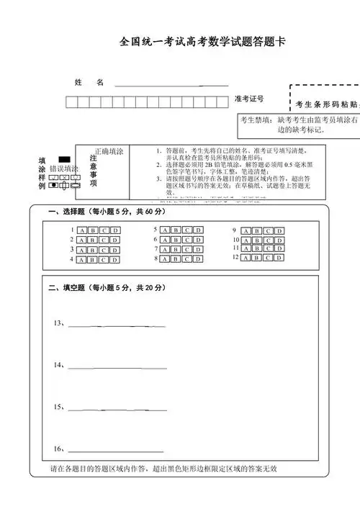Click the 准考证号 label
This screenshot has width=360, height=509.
pos(249,99)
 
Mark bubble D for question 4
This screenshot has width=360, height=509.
pos(115,260)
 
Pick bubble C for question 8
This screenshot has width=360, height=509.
pos(187,258)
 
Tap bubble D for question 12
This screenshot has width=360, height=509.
pos(279,256)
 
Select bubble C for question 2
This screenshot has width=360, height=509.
pos(104,240)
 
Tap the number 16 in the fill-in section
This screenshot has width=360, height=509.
pos(58,449)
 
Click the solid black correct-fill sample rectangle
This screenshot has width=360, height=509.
pos(64,158)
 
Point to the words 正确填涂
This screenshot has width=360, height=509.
pos(109,152)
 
